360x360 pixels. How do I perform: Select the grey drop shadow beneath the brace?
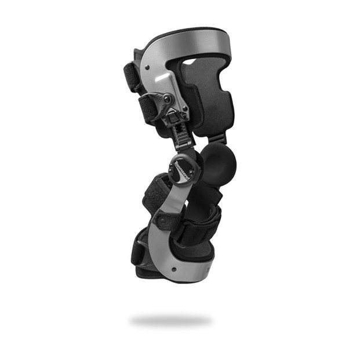coord(170,319)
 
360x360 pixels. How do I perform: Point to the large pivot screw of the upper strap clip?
coord(167,99)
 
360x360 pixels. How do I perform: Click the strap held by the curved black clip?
coord(149,107)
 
